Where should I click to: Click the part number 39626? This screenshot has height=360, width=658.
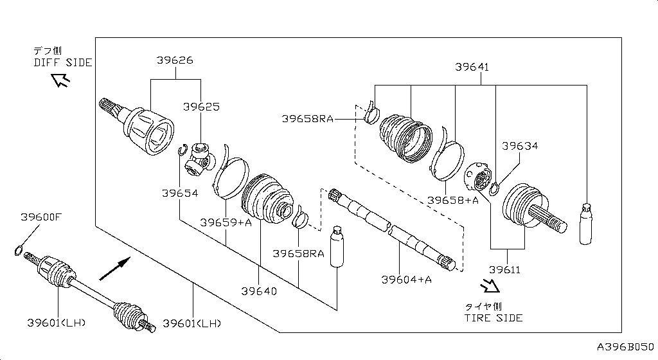(175, 60)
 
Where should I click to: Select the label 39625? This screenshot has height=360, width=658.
(201, 106)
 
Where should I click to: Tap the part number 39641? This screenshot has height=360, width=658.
(472, 66)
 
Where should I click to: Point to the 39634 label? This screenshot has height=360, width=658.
(520, 146)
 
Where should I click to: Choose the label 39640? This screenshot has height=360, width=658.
(259, 291)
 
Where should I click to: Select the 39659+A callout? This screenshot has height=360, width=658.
(226, 223)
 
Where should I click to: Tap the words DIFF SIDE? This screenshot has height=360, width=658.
(63, 62)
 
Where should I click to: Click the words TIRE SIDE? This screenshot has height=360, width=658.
(493, 318)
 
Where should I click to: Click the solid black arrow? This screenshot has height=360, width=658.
(116, 267)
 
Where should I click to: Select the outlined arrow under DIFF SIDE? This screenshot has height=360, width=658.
(62, 80)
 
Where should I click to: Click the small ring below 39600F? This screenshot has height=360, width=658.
(19, 250)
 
